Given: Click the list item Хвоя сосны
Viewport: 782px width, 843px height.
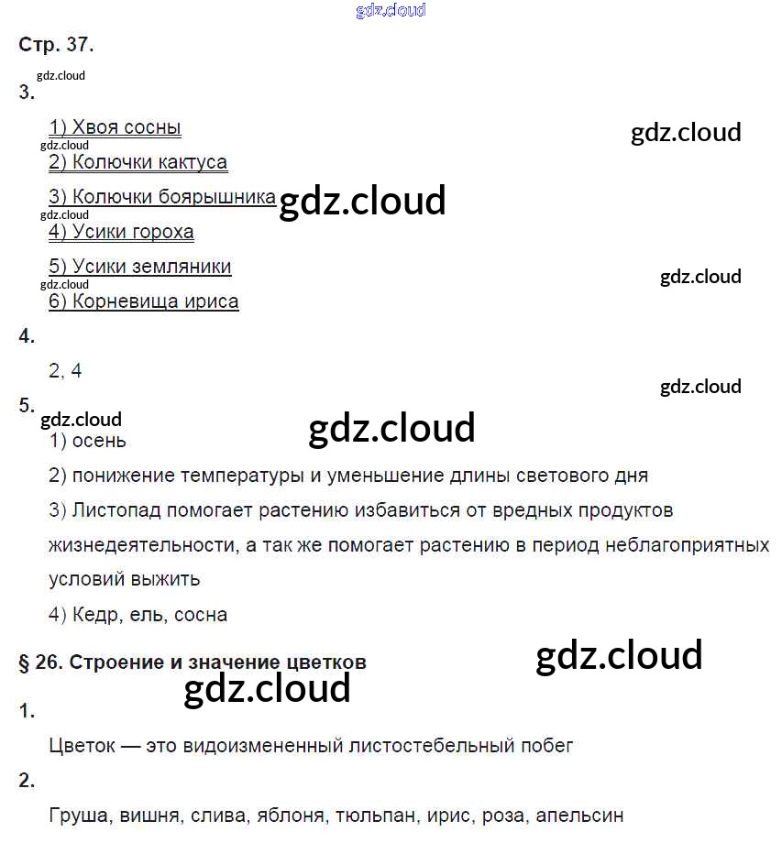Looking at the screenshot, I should click(x=115, y=128).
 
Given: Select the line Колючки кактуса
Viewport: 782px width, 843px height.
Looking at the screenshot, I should click(x=138, y=163).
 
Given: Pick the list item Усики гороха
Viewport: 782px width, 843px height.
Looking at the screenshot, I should click(x=121, y=232).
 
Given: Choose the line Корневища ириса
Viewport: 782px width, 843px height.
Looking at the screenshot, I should click(x=143, y=301).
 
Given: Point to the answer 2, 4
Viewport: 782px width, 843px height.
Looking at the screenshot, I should click(x=65, y=371).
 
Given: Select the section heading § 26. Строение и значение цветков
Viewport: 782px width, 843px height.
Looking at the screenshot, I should click(x=193, y=662).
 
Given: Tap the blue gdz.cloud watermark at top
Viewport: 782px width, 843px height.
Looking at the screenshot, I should click(x=391, y=11).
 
